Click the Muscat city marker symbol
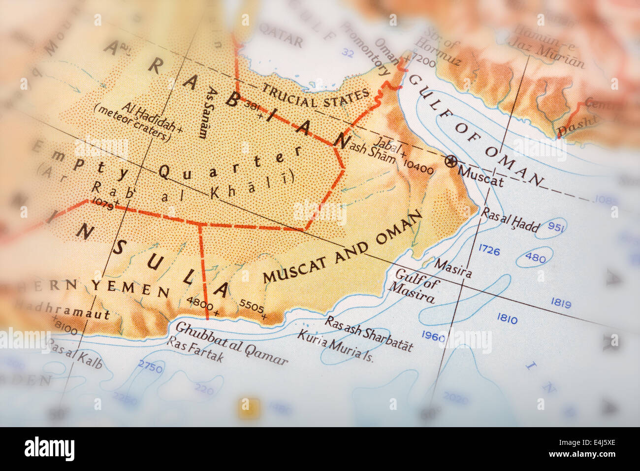point(450,161)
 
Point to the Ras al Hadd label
point(510,220)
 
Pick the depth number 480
point(535,258)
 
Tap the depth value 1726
point(489,251)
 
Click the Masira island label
point(452,268)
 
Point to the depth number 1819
point(561,303)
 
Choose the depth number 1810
point(507,319)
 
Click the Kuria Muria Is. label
point(335,345)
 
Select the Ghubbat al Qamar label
point(231,343)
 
